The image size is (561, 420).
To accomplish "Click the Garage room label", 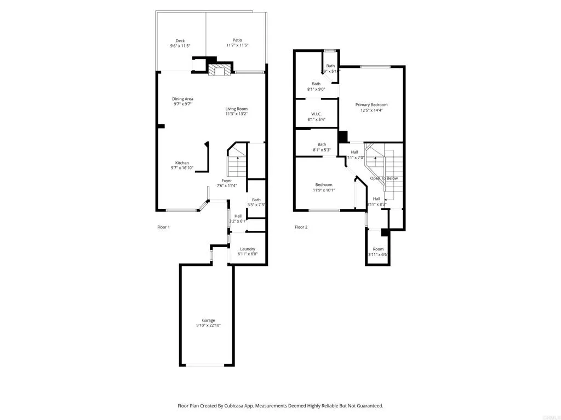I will (x=208, y=320).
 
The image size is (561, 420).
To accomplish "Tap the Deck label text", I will (x=180, y=40).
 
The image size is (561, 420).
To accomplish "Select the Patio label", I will (x=237, y=40).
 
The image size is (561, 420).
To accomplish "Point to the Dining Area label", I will (x=182, y=99).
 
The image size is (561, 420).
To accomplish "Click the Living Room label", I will (x=236, y=109).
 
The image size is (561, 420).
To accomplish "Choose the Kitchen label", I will (x=182, y=163).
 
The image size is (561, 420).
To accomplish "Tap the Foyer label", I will (x=226, y=180).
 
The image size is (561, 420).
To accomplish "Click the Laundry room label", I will (x=247, y=249).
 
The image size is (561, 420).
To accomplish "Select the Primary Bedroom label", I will (x=371, y=105).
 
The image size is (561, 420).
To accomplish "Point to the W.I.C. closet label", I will (x=316, y=114).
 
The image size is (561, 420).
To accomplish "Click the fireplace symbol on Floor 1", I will (x=220, y=70).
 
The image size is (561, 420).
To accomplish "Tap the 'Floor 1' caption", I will (x=163, y=227).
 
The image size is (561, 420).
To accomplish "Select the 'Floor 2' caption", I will (x=301, y=227).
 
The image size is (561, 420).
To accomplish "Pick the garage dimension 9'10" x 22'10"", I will (x=208, y=325).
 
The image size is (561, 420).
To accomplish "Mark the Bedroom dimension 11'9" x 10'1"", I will (x=324, y=190).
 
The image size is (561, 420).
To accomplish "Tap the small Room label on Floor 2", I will (x=378, y=249).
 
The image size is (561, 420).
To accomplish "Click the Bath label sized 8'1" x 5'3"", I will (x=322, y=144).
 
